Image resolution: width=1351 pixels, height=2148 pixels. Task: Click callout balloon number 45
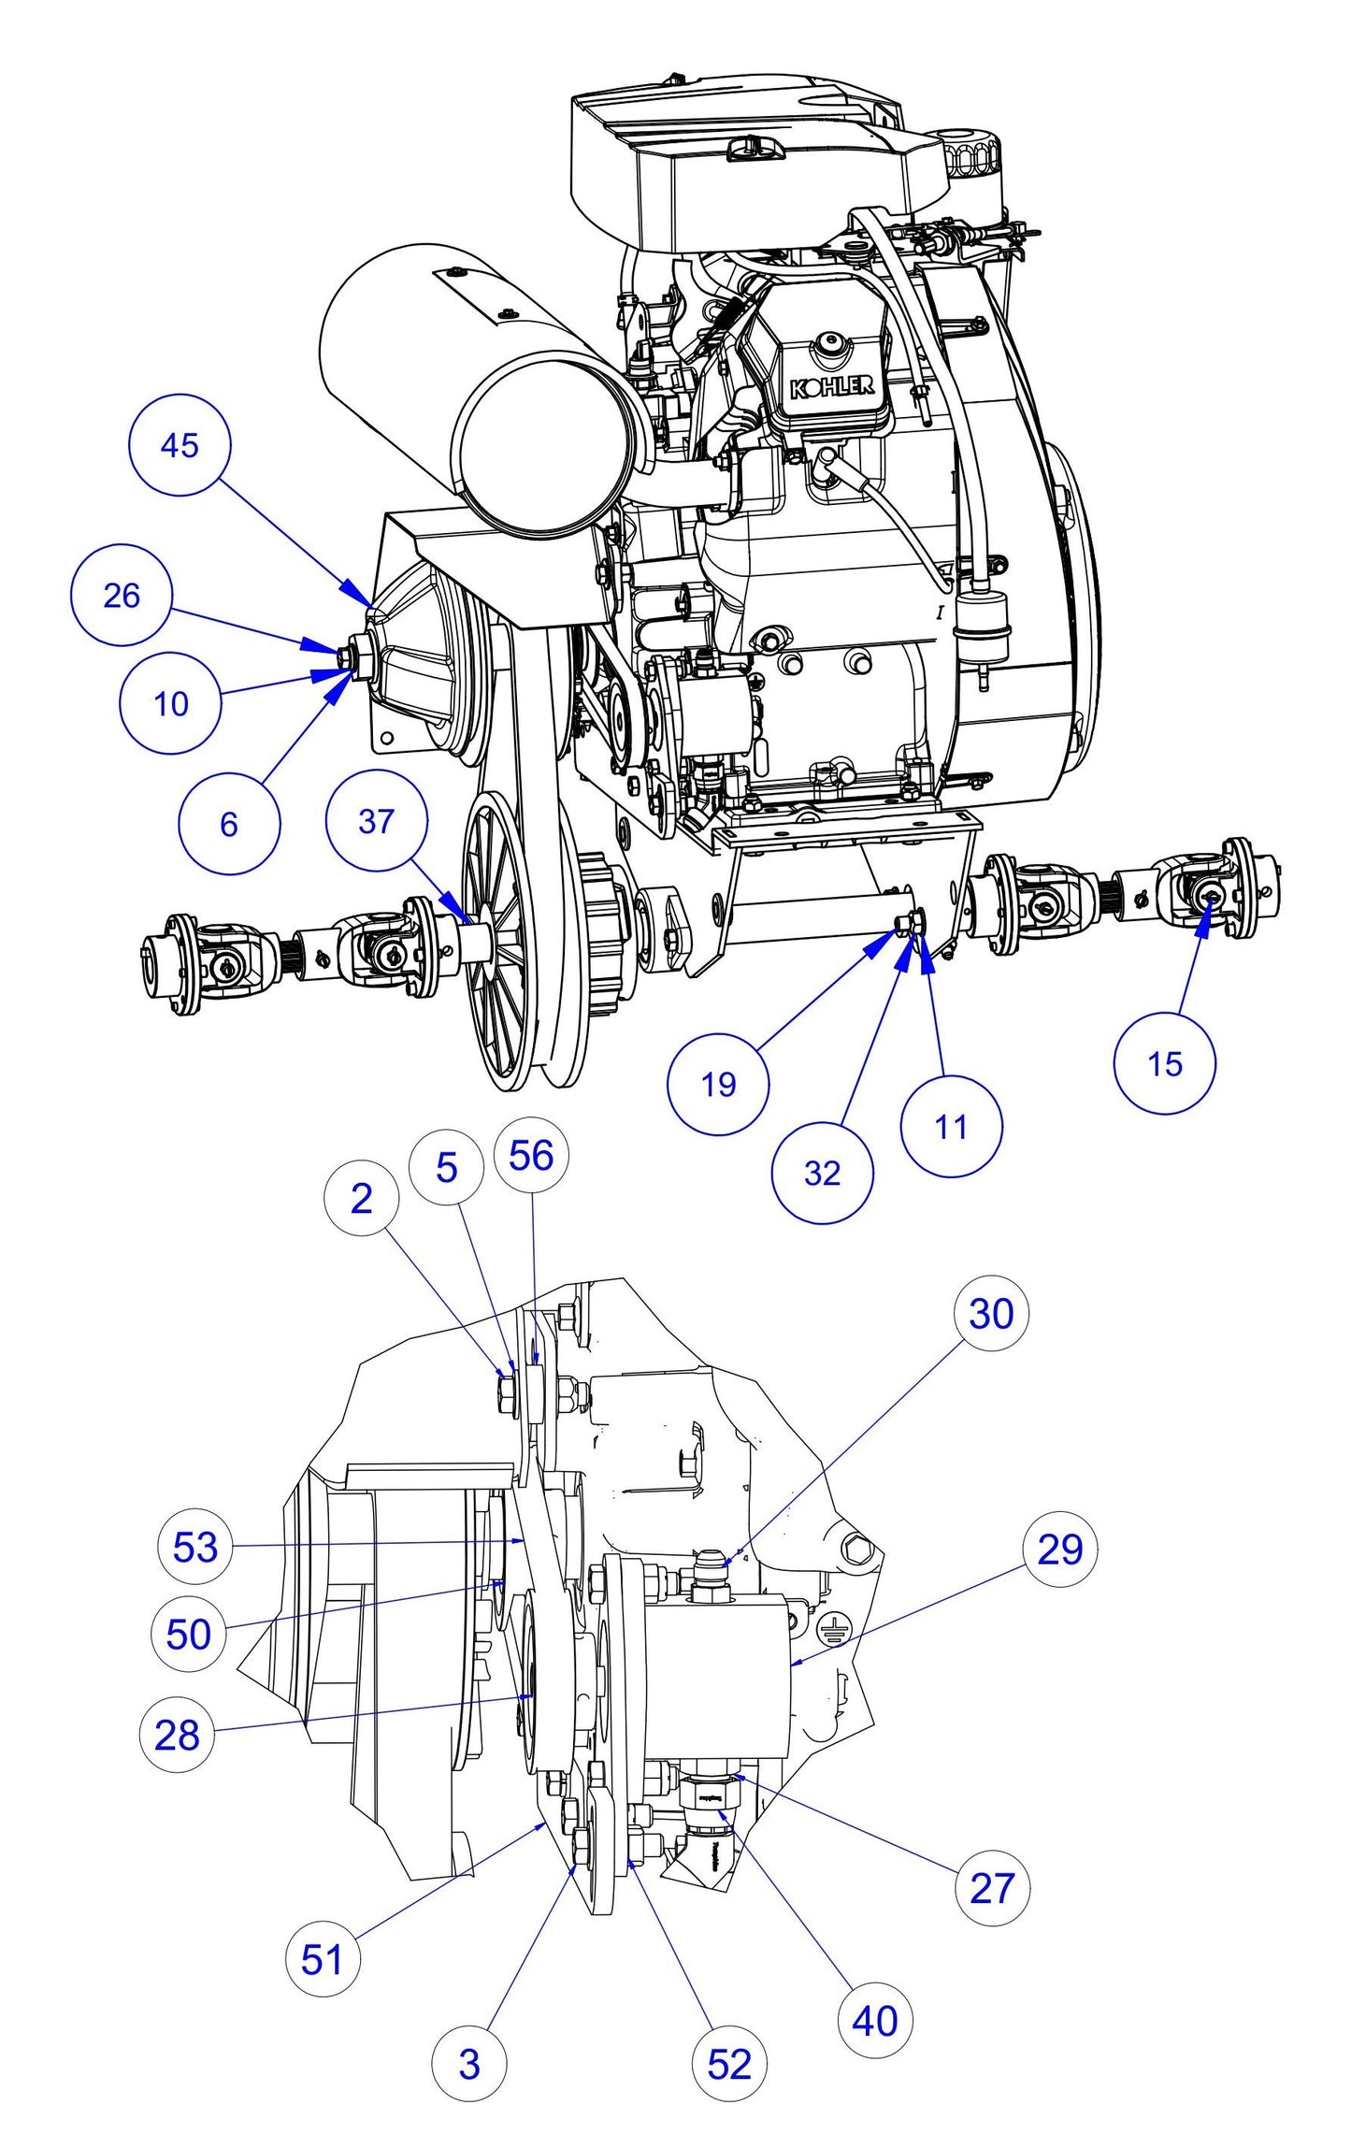click(x=179, y=444)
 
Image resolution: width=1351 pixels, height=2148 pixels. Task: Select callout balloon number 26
click(x=122, y=595)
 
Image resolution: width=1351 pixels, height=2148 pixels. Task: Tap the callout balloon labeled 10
click(x=170, y=703)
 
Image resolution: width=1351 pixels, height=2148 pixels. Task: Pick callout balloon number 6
click(x=229, y=824)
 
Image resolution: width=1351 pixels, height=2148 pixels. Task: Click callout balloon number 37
click(x=376, y=821)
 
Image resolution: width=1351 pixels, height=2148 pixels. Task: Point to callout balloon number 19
click(x=718, y=1084)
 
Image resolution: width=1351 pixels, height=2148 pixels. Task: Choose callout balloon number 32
click(x=822, y=1173)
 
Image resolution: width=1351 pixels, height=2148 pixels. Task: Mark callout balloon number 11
click(x=951, y=1126)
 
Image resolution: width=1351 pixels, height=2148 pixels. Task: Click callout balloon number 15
click(x=1165, y=1063)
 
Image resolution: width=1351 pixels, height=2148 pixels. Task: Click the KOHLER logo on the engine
click(x=831, y=386)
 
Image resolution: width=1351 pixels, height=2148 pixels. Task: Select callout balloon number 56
click(x=531, y=1156)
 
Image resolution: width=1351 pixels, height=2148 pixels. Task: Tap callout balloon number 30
click(x=991, y=1313)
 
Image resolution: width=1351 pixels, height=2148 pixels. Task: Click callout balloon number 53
click(x=195, y=1546)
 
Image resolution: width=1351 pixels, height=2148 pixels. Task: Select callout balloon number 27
click(x=992, y=1887)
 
